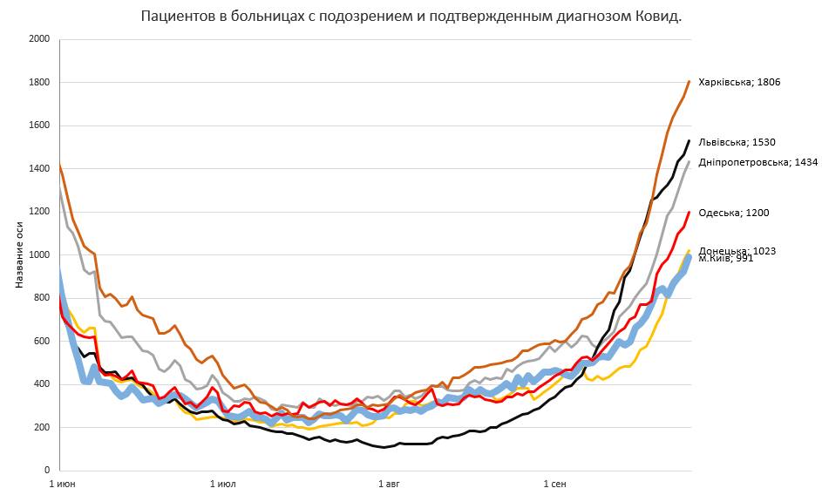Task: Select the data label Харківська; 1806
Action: pyautogui.click(x=739, y=82)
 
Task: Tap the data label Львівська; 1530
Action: pyautogui.click(x=737, y=142)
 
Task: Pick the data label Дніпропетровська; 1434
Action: pyautogui.click(x=758, y=162)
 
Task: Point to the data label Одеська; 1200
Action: pyautogui.click(x=734, y=213)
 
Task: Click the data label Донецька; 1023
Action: pyautogui.click(x=737, y=250)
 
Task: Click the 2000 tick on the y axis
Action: pyautogui.click(x=39, y=39)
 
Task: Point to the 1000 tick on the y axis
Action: pyautogui.click(x=39, y=254)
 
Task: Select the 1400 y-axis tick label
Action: pyautogui.click(x=39, y=168)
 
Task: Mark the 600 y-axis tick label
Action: pyautogui.click(x=42, y=341)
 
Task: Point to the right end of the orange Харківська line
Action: pyautogui.click(x=689, y=82)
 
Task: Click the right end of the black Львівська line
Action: pyautogui.click(x=689, y=141)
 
